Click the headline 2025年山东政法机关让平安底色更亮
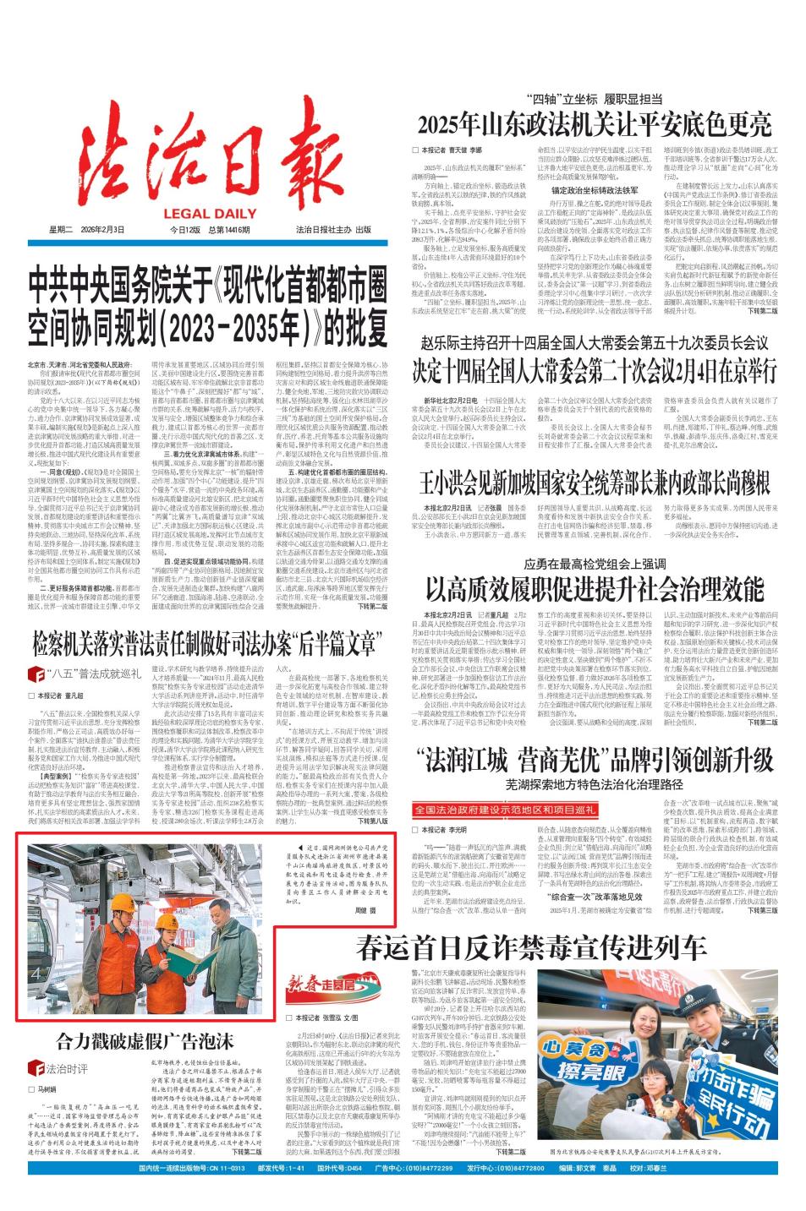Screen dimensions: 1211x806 coord(595,124)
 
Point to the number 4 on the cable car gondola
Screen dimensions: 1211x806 coord(35,974)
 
